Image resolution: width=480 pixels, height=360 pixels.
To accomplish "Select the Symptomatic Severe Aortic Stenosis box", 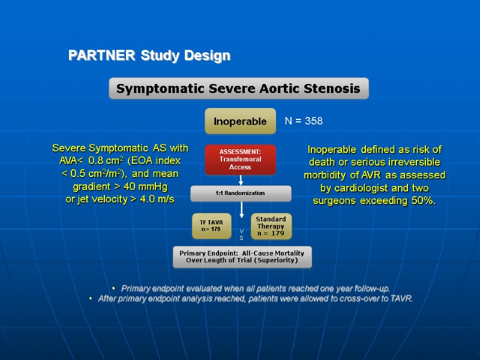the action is (238, 89).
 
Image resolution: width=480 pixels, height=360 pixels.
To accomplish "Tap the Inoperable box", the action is (240, 121).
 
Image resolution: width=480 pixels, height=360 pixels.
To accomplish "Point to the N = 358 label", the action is (304, 121).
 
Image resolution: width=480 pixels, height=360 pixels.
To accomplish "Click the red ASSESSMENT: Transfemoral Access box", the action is (240, 160).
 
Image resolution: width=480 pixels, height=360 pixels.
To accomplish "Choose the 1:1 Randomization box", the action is (241, 194).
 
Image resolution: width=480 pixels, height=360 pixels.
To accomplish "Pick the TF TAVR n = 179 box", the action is (211, 226).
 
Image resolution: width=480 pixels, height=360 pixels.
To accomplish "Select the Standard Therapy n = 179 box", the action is (270, 226).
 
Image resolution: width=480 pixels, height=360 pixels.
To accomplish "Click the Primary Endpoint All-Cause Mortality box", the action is (242, 257).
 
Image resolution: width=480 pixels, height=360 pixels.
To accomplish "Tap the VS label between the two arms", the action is (241, 234).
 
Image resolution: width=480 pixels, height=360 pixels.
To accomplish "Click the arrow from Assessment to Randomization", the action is (241, 180).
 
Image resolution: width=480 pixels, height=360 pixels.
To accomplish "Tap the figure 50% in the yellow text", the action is (421, 200).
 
